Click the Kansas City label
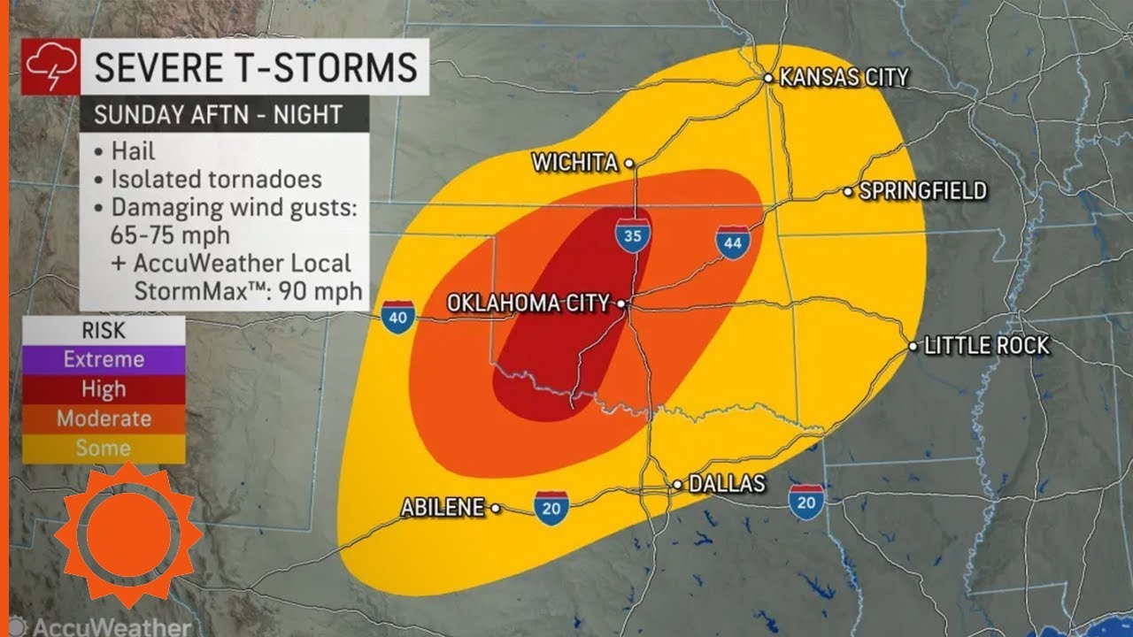pos(844,78)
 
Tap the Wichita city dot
pos(629,163)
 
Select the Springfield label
pos(922,190)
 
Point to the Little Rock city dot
pos(913,346)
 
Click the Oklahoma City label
pos(528,303)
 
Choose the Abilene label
pos(442,508)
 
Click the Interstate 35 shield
pos(632,236)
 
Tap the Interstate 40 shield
pos(398,317)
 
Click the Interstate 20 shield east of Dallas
pos(806,501)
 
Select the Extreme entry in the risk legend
pos(103,359)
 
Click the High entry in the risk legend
pos(103,388)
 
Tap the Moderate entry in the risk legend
pos(103,418)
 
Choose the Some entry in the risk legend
pos(103,448)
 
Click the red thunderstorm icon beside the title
pos(44,68)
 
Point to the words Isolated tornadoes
pos(216,179)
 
